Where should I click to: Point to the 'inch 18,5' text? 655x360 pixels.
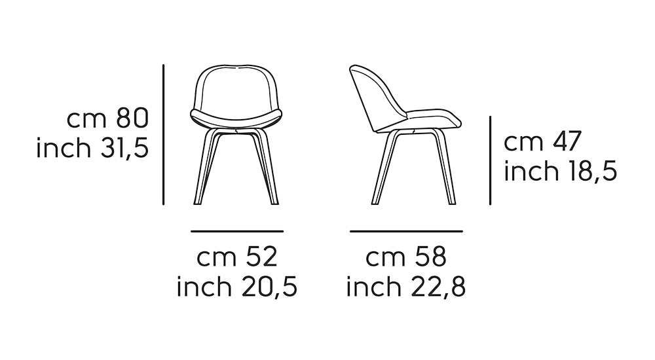pyautogui.click(x=560, y=171)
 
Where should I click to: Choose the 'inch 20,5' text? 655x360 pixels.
pyautogui.click(x=237, y=286)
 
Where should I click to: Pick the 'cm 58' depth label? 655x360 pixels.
pyautogui.click(x=406, y=257)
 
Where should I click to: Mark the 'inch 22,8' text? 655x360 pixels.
pyautogui.click(x=406, y=286)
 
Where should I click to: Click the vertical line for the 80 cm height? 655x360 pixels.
pyautogui.click(x=163, y=134)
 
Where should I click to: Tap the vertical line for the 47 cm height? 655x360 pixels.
pyautogui.click(x=491, y=160)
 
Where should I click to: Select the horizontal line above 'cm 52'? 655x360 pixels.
pyautogui.click(x=237, y=231)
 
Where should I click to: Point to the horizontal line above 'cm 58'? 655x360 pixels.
pyautogui.click(x=406, y=231)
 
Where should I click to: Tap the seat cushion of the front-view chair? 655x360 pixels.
pyautogui.click(x=237, y=118)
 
